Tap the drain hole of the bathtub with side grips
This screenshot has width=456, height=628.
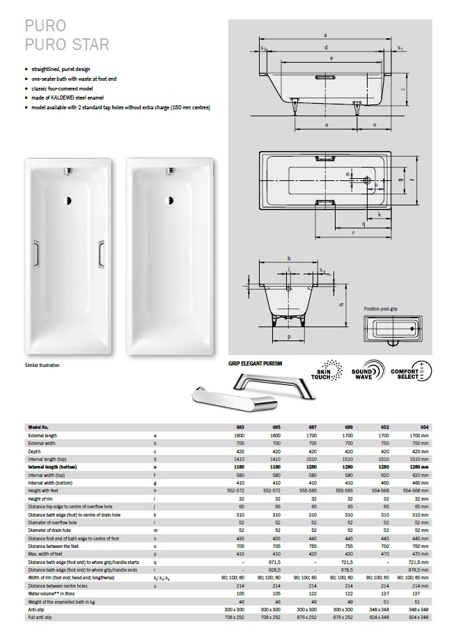(69, 202)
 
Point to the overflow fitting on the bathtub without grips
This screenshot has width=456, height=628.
(169, 169)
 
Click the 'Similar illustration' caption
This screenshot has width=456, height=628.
(42, 366)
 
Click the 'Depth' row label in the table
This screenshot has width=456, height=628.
(35, 451)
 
